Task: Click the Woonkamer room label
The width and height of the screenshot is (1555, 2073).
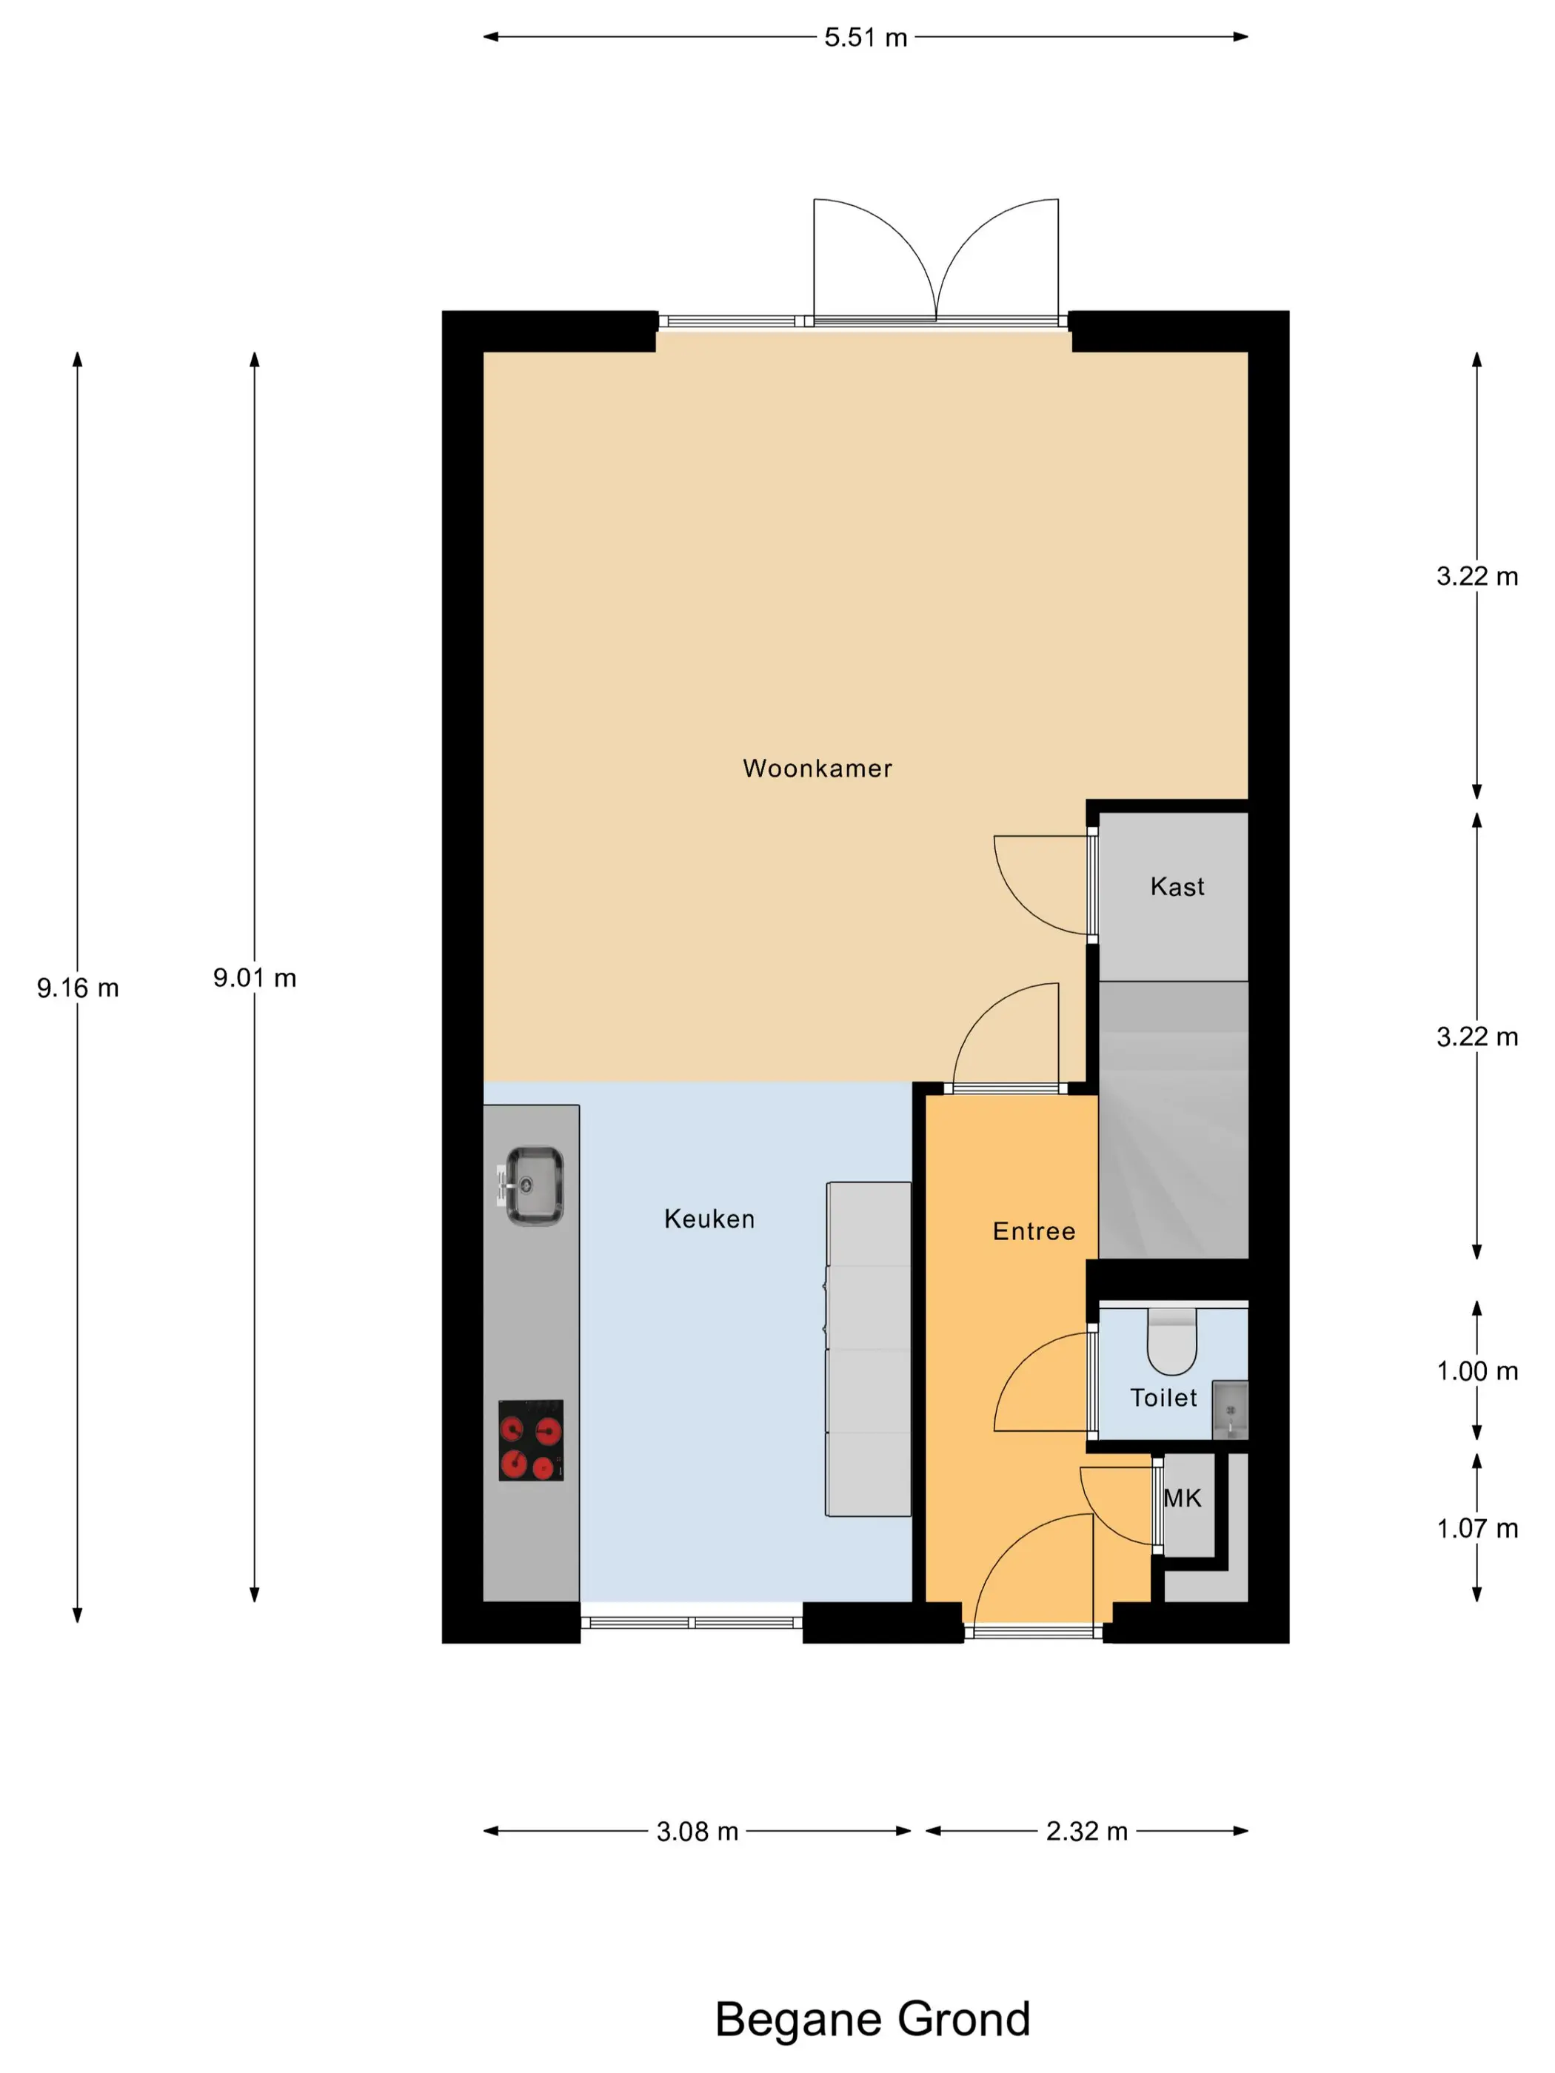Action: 817,768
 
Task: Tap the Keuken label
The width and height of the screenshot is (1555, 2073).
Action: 709,1219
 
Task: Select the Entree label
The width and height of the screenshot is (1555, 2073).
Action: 1034,1230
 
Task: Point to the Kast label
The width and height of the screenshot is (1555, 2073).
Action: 1177,885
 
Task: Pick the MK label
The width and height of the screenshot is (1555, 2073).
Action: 1182,1498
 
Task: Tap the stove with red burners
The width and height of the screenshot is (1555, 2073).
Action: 530,1441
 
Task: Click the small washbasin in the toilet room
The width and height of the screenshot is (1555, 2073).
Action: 1230,1410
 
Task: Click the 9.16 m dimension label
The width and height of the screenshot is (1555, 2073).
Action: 78,988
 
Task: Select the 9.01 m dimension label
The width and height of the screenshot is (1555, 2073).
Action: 254,977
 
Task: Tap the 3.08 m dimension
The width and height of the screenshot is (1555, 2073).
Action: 697,1830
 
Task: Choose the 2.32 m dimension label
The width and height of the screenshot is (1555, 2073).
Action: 1086,1830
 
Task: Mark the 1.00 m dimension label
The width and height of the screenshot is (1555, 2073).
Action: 1477,1371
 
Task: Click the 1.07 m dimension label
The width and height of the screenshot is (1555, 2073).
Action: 1477,1529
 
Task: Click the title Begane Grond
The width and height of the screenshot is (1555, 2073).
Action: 872,2019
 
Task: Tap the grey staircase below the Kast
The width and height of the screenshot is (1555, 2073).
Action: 1174,1120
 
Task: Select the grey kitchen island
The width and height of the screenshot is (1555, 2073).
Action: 868,1350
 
